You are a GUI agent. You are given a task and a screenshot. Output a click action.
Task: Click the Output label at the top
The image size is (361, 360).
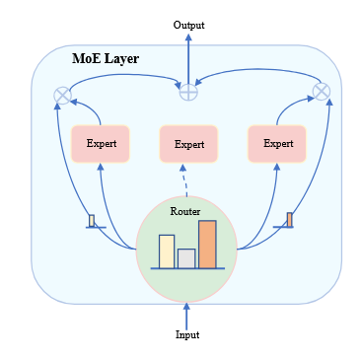[x=188, y=25]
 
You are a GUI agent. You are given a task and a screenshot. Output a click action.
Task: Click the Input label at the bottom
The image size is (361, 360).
[x=187, y=334]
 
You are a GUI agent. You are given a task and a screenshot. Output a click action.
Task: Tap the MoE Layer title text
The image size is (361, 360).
[x=106, y=59]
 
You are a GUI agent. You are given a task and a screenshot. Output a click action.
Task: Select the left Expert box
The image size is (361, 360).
[x=100, y=143]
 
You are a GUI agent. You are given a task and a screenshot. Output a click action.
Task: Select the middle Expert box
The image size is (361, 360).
[x=188, y=144]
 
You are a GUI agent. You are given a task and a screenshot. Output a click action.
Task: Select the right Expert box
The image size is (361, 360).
[x=277, y=143]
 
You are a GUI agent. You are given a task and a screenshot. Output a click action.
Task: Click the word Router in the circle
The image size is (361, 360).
[x=185, y=211]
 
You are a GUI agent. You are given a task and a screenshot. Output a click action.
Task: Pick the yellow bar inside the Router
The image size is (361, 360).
[x=167, y=251]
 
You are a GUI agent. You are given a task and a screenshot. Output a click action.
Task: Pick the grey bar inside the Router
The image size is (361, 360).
[x=185, y=257]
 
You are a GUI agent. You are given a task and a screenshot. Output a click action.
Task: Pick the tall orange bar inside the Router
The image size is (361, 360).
[x=207, y=244]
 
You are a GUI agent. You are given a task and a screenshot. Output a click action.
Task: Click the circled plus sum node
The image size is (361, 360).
[x=187, y=91]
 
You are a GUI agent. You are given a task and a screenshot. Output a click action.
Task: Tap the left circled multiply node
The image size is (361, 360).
[x=62, y=96]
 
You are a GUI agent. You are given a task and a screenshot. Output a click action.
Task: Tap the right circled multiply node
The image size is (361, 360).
[x=321, y=91]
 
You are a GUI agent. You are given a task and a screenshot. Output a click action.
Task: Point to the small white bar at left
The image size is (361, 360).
[x=92, y=220]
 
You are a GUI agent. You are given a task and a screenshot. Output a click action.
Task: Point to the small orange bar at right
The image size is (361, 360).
[x=289, y=219]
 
